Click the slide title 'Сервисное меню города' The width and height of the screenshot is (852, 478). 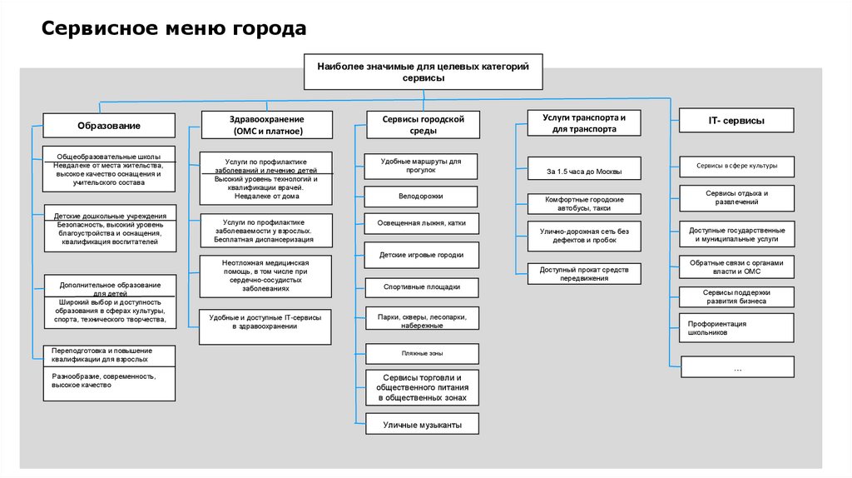tap(174, 29)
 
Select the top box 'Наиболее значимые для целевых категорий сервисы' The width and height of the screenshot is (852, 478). tap(423, 72)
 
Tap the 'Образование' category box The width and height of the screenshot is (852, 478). tap(109, 125)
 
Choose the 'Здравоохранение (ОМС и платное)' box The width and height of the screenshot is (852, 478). tap(266, 125)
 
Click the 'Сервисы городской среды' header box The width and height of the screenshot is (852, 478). tap(423, 125)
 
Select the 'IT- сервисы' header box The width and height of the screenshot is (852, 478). tap(736, 121)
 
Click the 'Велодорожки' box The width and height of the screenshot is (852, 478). tap(421, 197)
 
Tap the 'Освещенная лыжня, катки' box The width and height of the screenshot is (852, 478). tap(421, 223)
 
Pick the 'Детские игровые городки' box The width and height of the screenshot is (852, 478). tap(421, 255)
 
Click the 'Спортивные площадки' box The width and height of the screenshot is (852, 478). tap(421, 286)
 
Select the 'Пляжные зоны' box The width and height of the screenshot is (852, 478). tap(421, 354)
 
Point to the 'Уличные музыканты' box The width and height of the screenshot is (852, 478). tap(421, 426)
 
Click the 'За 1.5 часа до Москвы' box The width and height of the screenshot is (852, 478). tap(582, 172)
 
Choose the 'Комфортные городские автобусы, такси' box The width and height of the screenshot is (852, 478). tap(582, 204)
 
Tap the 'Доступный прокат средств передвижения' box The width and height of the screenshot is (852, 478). tap(582, 274)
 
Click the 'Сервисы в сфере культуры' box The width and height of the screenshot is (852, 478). tap(736, 166)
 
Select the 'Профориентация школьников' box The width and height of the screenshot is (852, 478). tap(736, 327)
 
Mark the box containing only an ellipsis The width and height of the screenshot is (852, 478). tap(736, 367)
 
